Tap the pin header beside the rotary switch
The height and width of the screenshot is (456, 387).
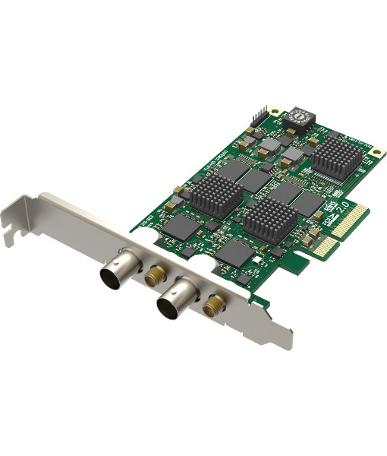tap(260, 116)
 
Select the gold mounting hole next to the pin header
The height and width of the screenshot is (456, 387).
tap(274, 112)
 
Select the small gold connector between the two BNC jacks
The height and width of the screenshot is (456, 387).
tap(156, 271)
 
